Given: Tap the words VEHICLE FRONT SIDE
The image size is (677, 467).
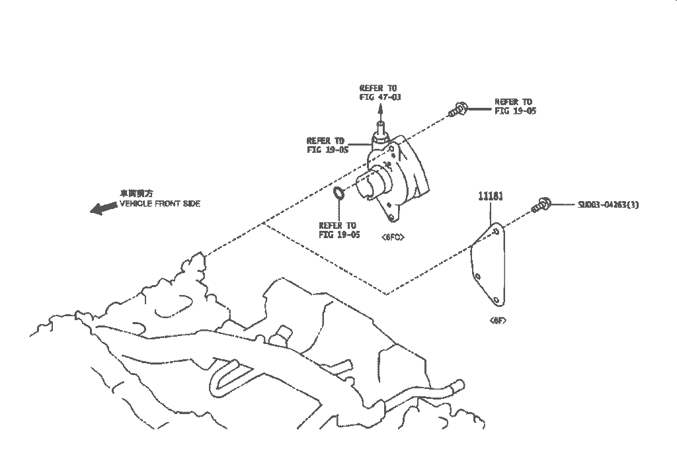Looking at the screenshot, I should [160, 204].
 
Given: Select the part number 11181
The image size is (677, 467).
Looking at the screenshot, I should [491, 196].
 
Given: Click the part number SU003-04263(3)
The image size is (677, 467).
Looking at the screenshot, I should [608, 204].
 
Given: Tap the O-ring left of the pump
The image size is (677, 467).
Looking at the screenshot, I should [338, 194].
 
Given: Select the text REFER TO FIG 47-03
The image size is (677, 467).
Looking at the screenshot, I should [380, 92].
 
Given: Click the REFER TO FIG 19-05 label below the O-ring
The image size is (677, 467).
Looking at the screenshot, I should [338, 230].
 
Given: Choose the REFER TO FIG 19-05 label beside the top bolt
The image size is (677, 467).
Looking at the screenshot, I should [515, 106].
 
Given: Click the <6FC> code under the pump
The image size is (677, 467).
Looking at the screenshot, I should [392, 236].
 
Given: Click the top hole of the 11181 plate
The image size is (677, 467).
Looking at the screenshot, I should [495, 232].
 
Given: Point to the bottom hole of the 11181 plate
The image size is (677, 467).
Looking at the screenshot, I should [495, 300].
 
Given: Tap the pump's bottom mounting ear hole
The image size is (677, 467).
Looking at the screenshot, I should [392, 216].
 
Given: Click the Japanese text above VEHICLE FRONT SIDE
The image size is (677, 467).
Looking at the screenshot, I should [136, 194].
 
